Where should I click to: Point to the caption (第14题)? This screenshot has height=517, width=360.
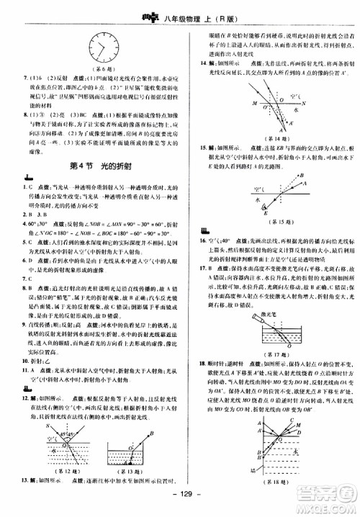[274, 137]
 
